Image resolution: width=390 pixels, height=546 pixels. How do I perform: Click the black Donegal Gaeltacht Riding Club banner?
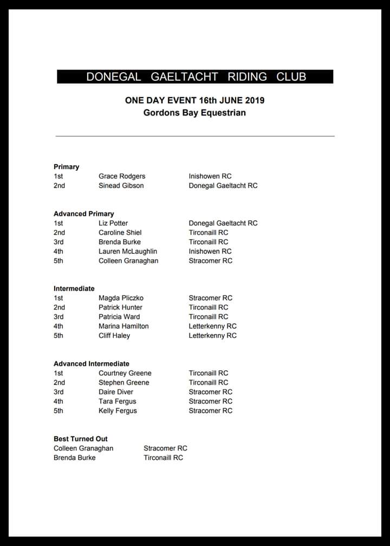coord(195,76)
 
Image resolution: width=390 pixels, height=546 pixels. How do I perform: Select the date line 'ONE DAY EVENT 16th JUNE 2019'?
coord(194,100)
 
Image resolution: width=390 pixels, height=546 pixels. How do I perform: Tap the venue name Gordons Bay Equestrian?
coord(194,113)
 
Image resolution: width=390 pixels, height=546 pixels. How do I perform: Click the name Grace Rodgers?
coord(122,176)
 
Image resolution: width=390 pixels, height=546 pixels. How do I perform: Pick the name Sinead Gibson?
coord(121,185)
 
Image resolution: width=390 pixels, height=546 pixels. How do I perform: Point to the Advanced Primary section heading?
coord(84,214)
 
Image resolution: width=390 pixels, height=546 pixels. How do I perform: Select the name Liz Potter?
coord(113,223)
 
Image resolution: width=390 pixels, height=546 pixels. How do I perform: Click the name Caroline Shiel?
coord(120,233)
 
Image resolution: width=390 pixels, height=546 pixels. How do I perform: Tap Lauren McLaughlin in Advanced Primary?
coord(128,251)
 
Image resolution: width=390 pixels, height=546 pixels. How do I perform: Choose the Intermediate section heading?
coord(74,288)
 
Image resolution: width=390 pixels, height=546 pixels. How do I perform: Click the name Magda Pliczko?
coord(121,298)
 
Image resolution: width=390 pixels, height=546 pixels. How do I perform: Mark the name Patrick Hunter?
coord(120,307)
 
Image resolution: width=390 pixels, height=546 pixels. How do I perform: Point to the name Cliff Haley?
coord(114,336)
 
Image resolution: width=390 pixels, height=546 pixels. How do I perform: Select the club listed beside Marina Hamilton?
coord(212,326)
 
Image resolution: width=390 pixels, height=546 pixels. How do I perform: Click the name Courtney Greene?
coord(125,373)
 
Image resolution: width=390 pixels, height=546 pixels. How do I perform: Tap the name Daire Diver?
coord(116,392)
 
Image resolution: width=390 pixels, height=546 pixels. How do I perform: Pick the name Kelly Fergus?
coord(118,410)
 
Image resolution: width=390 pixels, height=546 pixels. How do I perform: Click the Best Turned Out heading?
coord(81,439)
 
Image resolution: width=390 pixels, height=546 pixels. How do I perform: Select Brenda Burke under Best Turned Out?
coord(75,458)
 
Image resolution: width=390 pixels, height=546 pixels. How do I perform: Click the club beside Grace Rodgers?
coord(210,176)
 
